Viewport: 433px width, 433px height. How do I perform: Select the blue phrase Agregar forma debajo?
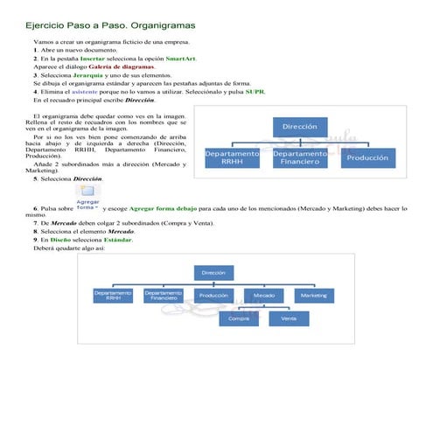point(164,210)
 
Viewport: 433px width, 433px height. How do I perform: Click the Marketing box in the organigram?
point(314,296)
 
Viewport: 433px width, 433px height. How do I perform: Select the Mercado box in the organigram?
point(263,296)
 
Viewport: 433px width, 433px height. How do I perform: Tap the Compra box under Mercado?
point(238,318)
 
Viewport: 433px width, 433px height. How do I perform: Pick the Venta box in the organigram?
point(289,318)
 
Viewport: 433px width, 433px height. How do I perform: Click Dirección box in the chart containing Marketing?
point(213,273)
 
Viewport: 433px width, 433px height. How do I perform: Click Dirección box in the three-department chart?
point(299,127)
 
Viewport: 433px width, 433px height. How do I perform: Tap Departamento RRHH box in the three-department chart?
point(233,157)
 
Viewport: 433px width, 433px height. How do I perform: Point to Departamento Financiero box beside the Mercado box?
point(164,296)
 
